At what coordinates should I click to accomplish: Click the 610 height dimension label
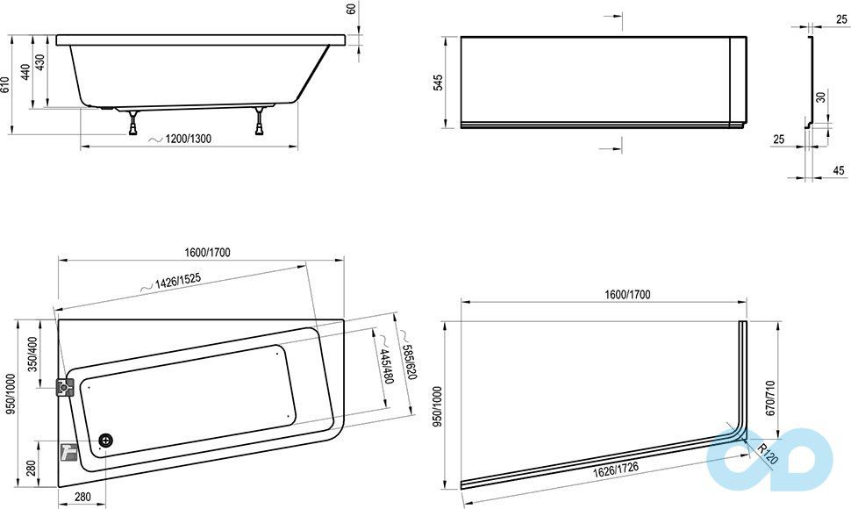point(5,84)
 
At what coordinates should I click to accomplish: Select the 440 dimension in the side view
point(25,72)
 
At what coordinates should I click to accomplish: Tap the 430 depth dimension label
point(39,63)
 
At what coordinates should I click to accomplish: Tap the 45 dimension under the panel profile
point(838,169)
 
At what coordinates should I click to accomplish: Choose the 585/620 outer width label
point(406,358)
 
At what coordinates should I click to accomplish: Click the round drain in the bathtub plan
point(108,441)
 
